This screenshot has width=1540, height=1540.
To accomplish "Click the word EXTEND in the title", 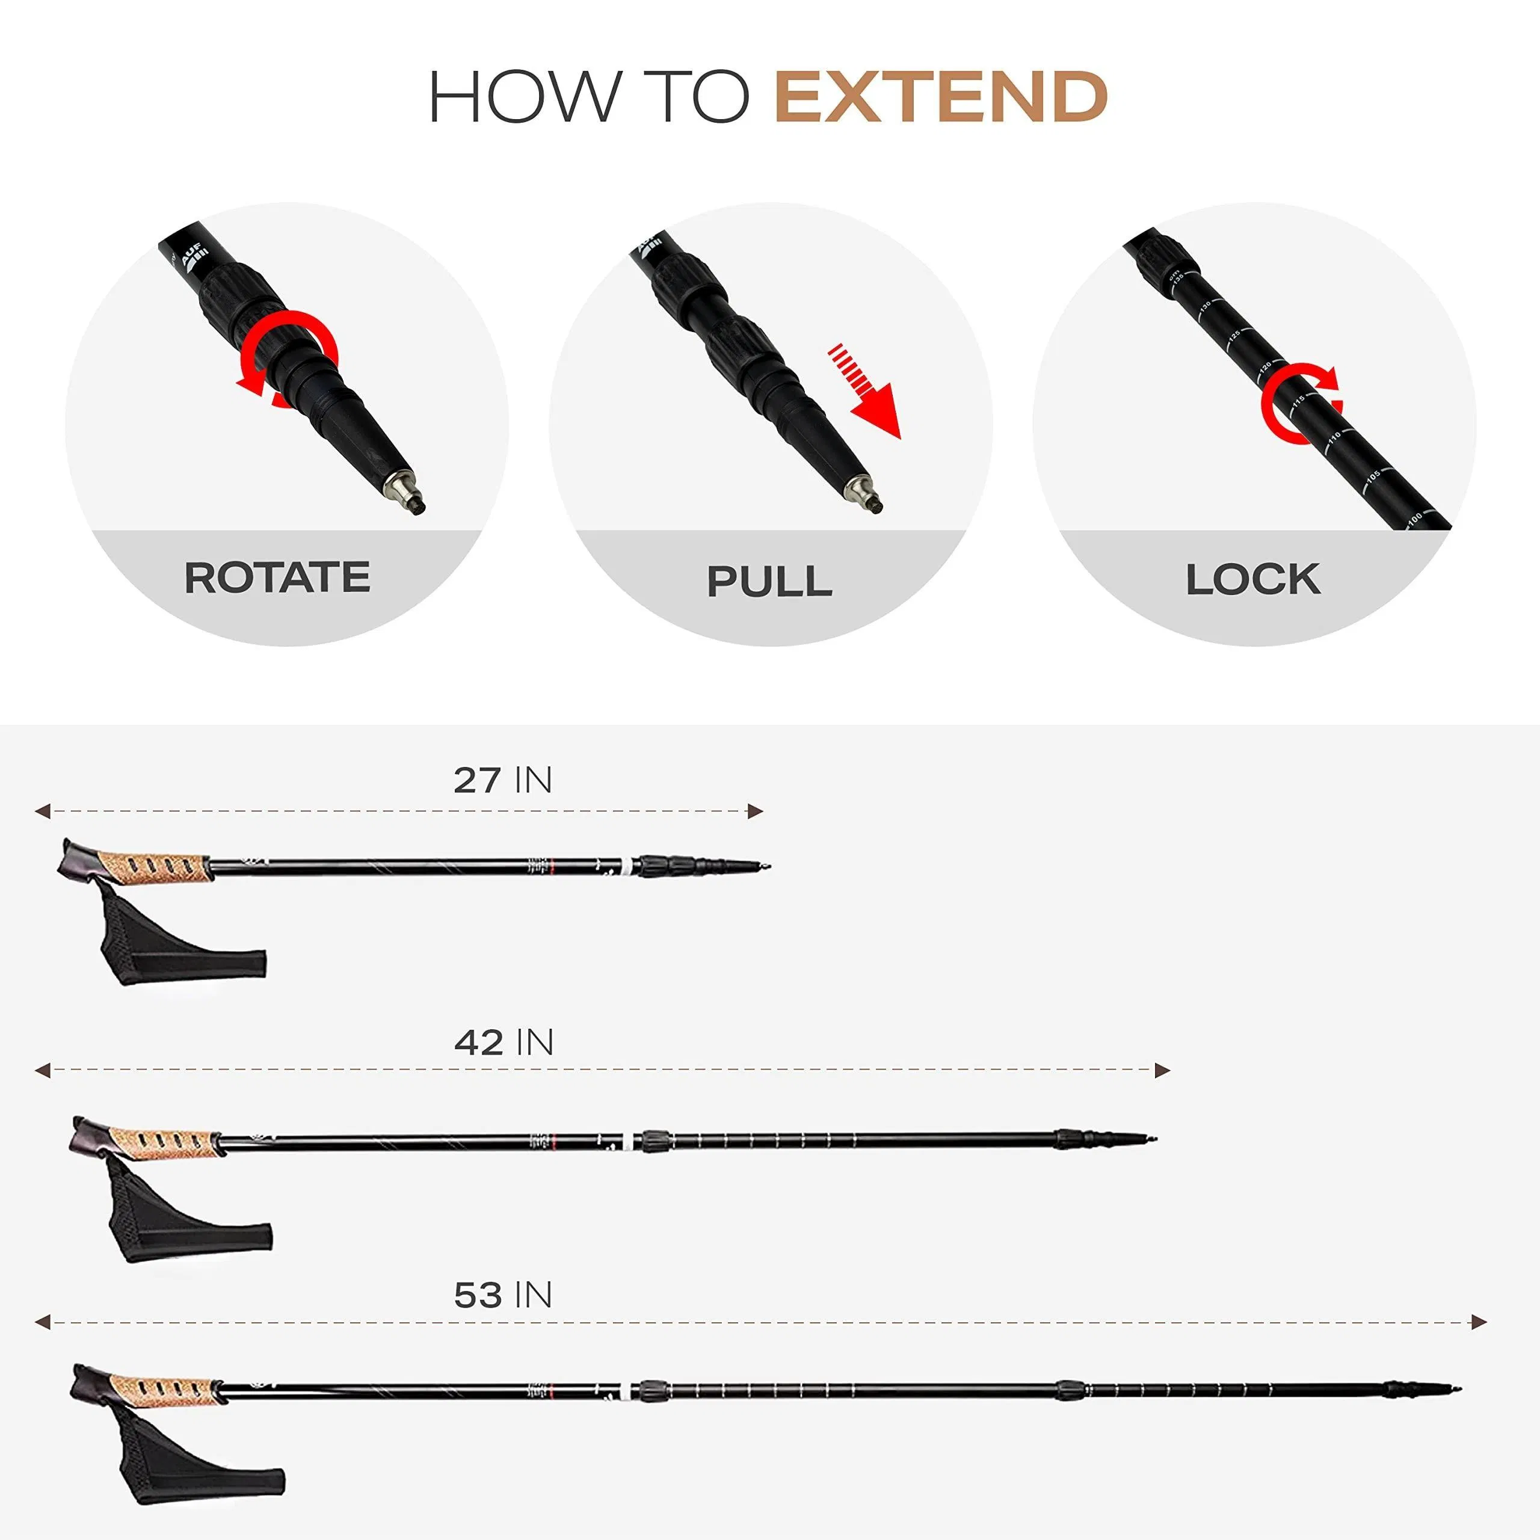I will tap(941, 97).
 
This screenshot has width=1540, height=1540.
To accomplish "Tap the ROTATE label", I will tap(277, 578).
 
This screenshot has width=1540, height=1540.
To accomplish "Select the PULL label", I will tap(769, 581).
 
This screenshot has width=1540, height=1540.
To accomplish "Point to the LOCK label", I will tap(1252, 579).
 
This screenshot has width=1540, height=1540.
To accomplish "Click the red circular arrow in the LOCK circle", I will tap(1300, 402).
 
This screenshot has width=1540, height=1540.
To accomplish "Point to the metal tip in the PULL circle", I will tap(865, 495).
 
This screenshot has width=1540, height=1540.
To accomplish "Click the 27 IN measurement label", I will tap(502, 780).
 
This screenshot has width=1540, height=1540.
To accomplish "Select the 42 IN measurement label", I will tap(503, 1043).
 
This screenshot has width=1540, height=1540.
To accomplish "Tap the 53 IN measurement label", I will tap(503, 1295).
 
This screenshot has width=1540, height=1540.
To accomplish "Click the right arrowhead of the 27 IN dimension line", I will tap(755, 812).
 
